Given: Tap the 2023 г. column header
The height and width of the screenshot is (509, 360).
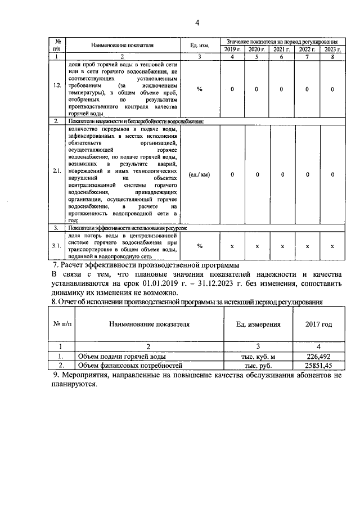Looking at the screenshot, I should click(x=332, y=49).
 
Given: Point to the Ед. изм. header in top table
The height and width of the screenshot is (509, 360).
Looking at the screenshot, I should click(x=200, y=46).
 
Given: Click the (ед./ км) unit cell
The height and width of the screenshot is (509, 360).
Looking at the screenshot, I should click(x=200, y=174).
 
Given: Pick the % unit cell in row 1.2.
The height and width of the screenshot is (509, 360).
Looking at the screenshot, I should click(x=200, y=89).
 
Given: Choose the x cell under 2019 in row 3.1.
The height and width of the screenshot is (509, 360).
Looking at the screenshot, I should click(x=232, y=246).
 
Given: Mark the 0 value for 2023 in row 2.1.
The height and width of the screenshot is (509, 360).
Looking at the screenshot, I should click(x=332, y=174).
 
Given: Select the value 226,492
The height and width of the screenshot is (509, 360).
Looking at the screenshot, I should click(x=318, y=356).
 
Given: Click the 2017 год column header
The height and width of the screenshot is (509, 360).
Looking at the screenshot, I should click(x=318, y=325).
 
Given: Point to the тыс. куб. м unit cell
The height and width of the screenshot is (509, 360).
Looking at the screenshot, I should click(x=257, y=356).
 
